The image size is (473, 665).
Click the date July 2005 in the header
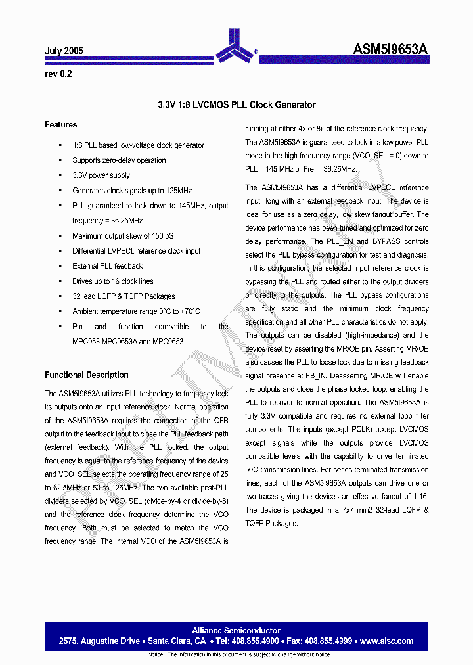64,51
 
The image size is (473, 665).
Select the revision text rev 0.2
58,74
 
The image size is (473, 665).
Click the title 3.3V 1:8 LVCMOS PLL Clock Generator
236,105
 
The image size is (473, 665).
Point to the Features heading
61,125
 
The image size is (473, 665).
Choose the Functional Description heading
87,375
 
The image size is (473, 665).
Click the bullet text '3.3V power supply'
101,175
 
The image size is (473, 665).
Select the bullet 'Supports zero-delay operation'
119,160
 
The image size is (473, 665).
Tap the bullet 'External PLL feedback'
107,266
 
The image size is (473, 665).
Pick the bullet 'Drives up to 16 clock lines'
112,281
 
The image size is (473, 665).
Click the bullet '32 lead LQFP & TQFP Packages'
124,296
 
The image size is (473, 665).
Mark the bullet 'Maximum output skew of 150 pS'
123,236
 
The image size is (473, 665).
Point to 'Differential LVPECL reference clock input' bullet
137,251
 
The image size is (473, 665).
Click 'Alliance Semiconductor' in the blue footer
236,631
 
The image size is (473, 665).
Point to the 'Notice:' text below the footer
156,655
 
